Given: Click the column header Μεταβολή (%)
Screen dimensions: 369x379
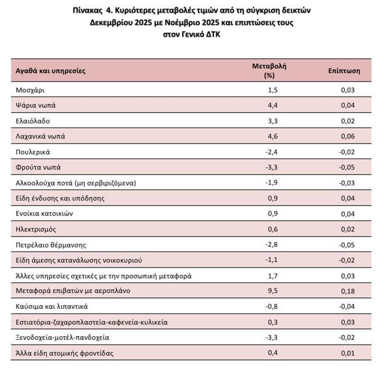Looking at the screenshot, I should point(273,70).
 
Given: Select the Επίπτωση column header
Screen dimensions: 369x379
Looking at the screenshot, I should point(344,71).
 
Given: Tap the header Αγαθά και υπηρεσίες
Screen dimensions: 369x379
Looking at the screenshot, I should point(50,71).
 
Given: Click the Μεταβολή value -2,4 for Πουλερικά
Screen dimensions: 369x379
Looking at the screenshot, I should point(272,151).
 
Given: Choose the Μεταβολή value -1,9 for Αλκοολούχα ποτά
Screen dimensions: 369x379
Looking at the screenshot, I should point(272,182).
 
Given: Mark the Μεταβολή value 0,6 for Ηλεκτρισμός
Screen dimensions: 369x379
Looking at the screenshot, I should point(274,229).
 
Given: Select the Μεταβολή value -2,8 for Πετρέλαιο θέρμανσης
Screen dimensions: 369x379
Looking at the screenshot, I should point(272,244).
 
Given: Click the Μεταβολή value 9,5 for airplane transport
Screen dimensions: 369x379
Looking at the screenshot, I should point(274,291).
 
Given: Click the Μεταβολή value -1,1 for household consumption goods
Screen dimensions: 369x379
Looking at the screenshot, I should point(272,260).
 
